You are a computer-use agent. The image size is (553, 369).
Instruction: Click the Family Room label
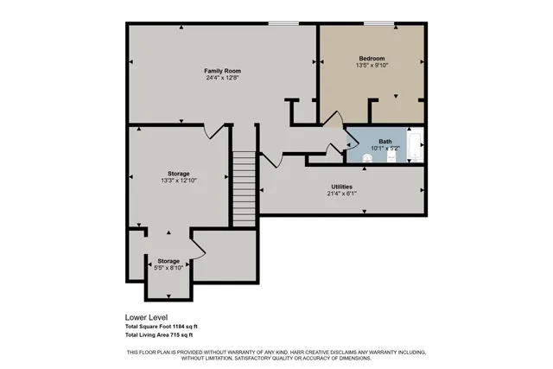coord(222,70)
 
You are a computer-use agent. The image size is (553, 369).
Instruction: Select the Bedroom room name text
coord(372,58)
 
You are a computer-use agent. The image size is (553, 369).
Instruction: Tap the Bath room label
coord(385,141)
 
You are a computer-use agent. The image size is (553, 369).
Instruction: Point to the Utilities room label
coord(341,187)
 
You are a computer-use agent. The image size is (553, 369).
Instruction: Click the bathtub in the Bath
coord(415,147)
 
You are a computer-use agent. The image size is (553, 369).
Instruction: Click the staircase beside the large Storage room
coord(245,188)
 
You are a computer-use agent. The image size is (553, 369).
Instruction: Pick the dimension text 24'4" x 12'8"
coord(222,78)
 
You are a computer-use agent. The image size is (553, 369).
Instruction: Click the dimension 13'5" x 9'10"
coord(372,66)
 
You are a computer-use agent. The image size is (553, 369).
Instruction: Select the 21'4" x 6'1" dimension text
coord(341,194)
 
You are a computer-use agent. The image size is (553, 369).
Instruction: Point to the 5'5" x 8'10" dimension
coord(168,268)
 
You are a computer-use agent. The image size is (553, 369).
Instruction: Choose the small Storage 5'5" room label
coord(168,261)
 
